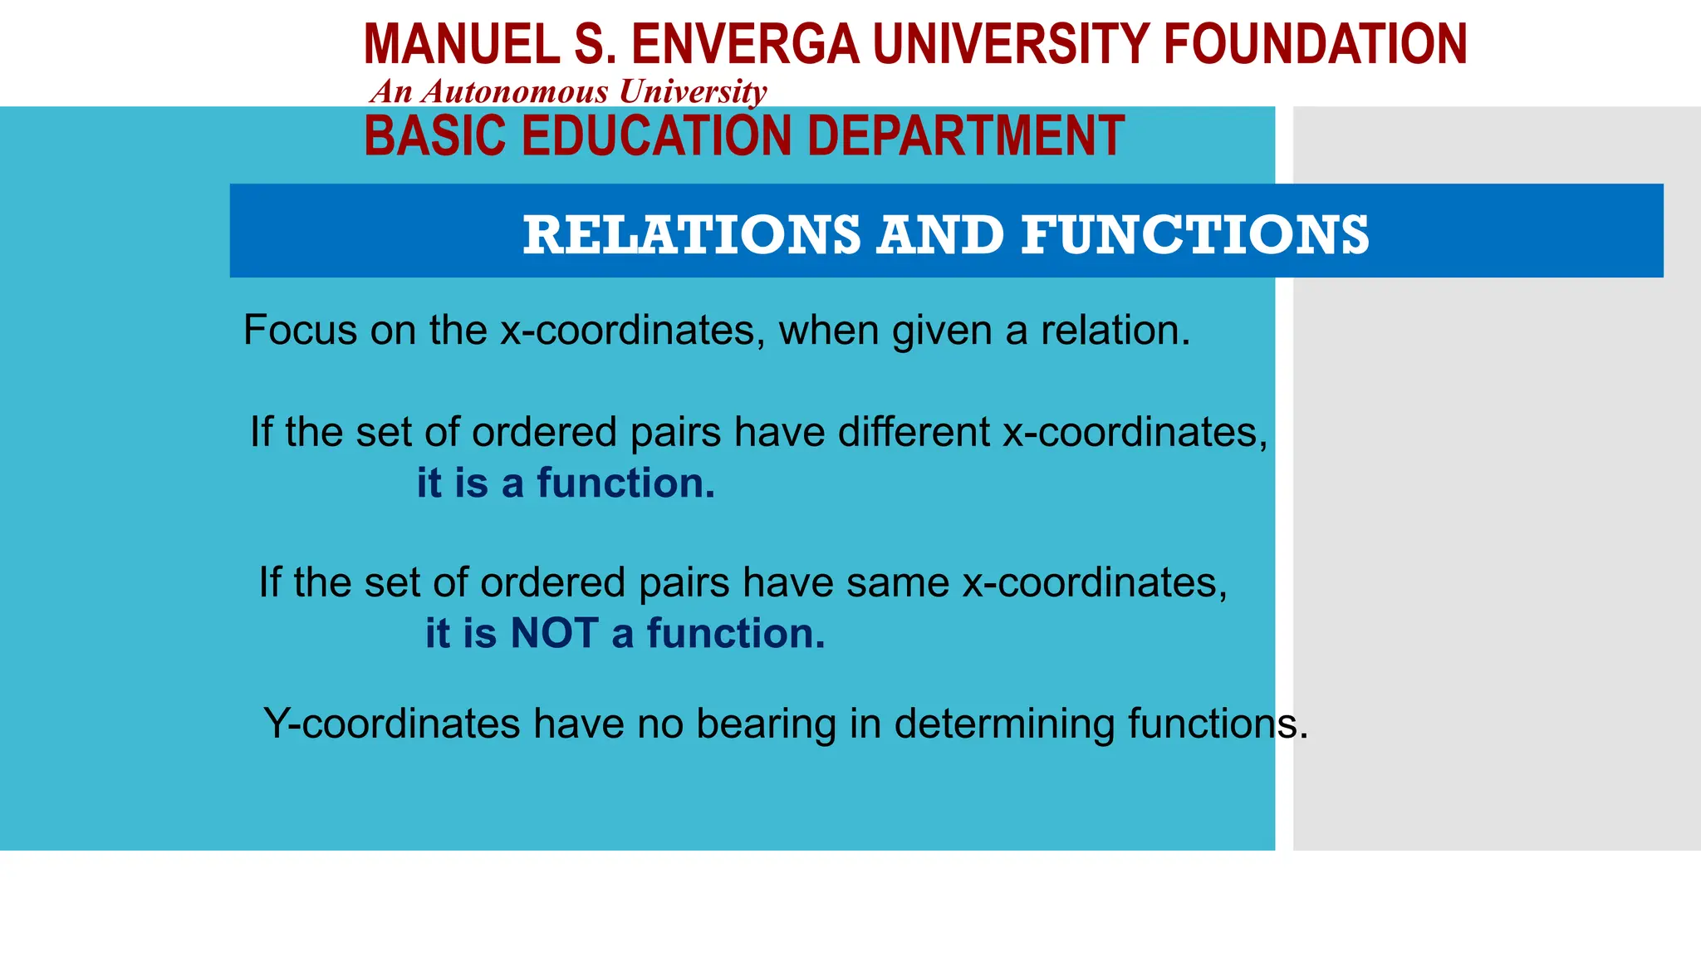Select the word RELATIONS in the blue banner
[x=692, y=234]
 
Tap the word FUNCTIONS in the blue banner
[x=1195, y=234]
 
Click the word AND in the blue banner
[x=941, y=234]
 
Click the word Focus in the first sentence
[x=300, y=330]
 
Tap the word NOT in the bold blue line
[x=554, y=634]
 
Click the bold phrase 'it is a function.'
[x=566, y=483]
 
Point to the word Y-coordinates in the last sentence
[x=391, y=724]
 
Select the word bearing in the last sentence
[x=765, y=724]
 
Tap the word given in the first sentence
[x=942, y=331]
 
